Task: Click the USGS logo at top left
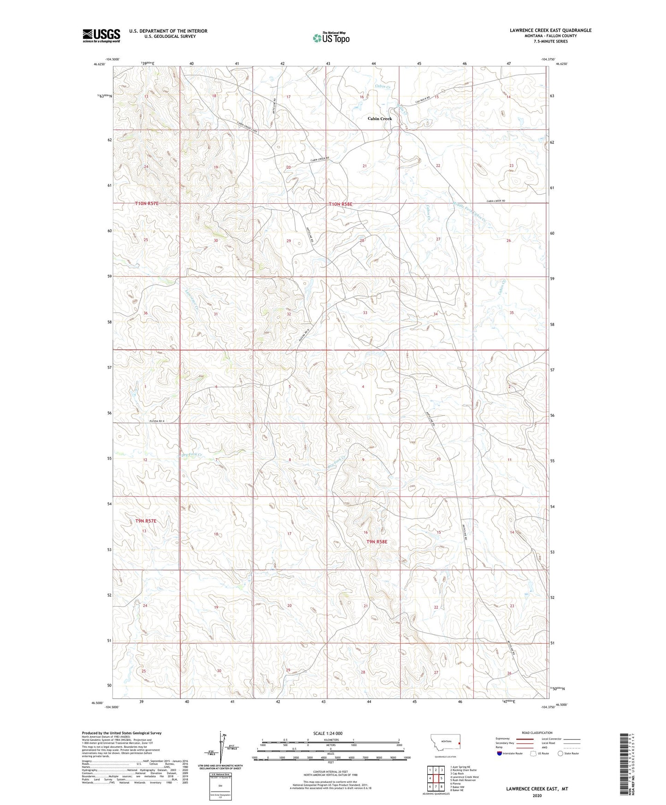[x=101, y=35]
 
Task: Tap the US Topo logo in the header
[x=331, y=38]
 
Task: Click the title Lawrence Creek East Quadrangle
[x=550, y=30]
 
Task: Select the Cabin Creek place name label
[x=379, y=118]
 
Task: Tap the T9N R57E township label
[x=146, y=521]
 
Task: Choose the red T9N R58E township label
[x=377, y=542]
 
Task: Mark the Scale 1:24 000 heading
[x=328, y=733]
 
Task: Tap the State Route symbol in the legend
[x=560, y=753]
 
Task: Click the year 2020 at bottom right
[x=537, y=795]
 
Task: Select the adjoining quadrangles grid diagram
[x=436, y=780]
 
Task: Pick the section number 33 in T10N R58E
[x=365, y=313]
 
